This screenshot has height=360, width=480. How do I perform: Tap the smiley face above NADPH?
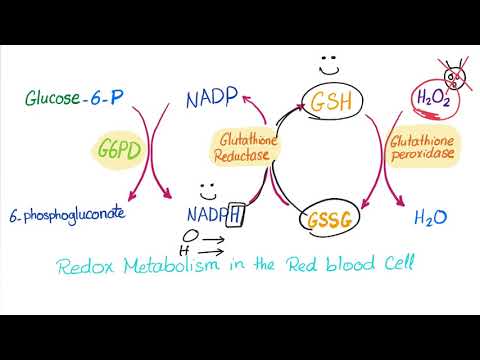[x=206, y=187]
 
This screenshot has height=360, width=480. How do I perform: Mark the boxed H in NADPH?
[x=236, y=214]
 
